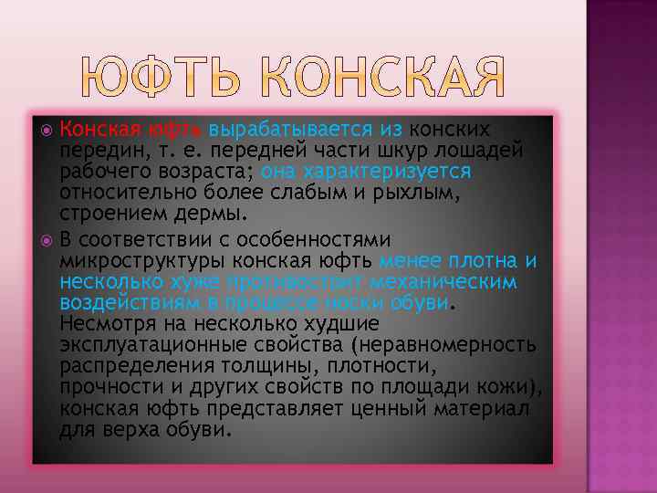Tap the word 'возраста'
202,171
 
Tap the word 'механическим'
457,282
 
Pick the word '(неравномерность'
443,345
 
